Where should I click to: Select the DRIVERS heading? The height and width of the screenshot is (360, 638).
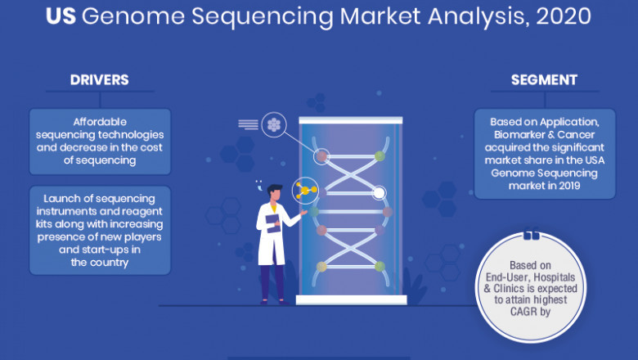tap(100, 80)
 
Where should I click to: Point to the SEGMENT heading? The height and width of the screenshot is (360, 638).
tap(544, 80)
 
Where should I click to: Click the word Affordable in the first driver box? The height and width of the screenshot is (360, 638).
tap(100, 121)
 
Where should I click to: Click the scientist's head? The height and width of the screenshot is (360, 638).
tap(274, 193)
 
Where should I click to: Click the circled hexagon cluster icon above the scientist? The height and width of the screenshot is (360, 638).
tap(273, 124)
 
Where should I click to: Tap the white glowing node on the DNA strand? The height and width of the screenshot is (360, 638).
tap(379, 194)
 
